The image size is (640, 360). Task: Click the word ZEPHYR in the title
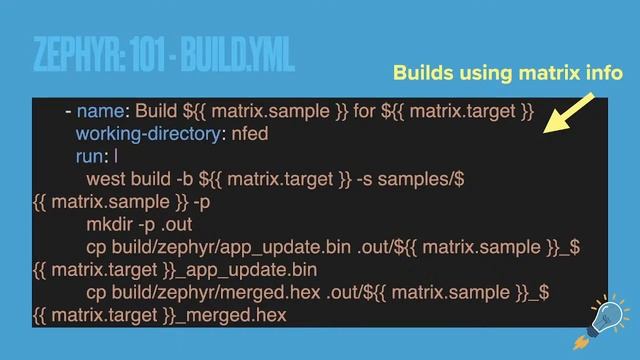(x=69, y=55)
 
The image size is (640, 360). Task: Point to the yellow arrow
(x=571, y=114)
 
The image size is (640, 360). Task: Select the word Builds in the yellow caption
(x=422, y=73)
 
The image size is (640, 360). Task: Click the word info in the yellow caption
(x=603, y=73)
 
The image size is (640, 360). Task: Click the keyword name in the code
(x=100, y=110)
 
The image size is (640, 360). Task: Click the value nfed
(x=250, y=133)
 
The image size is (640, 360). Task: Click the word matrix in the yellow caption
(x=544, y=73)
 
